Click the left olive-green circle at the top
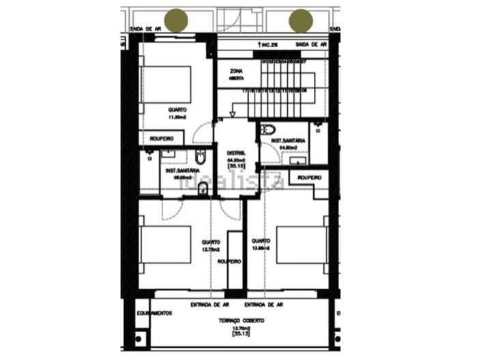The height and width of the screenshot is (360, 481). click(x=179, y=20)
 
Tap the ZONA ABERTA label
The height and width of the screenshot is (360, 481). click(x=237, y=74)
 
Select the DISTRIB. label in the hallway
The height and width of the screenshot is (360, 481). click(x=235, y=153)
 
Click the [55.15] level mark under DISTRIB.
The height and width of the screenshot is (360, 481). click(x=236, y=166)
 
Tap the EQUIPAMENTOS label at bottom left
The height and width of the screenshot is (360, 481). click(x=152, y=314)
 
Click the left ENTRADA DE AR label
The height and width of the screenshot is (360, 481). click(x=208, y=305)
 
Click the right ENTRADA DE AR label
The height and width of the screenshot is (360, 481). click(x=263, y=305)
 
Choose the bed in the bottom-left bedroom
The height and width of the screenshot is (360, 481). click(x=164, y=244)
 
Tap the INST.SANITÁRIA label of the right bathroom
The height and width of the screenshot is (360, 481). click(x=288, y=140)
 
